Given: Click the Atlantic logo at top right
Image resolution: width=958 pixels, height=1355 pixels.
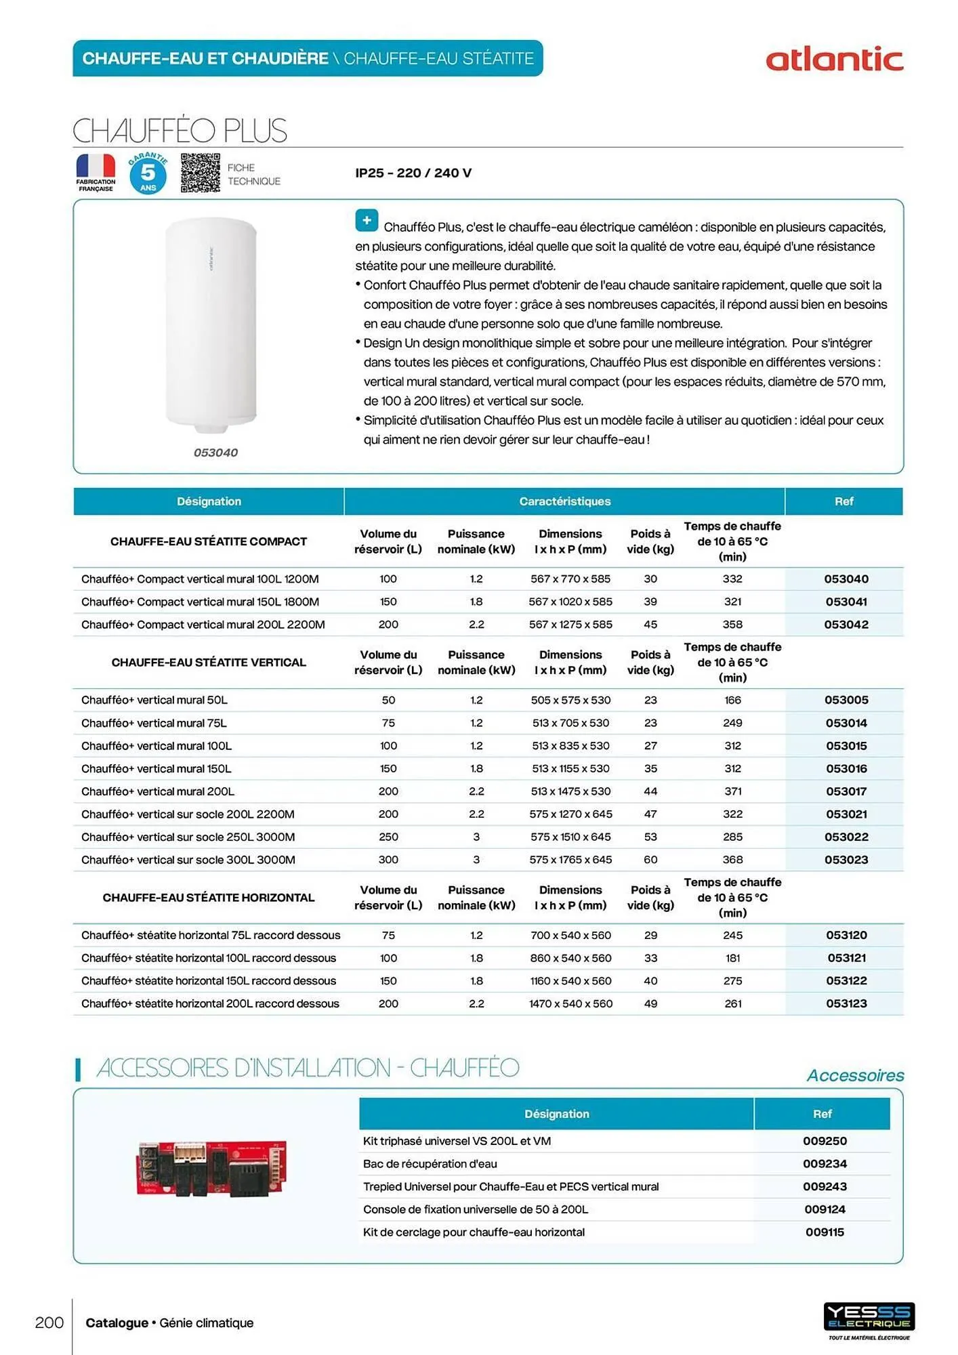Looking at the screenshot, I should (x=834, y=60).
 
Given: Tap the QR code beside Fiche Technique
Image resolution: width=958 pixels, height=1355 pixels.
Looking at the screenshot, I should (x=200, y=173).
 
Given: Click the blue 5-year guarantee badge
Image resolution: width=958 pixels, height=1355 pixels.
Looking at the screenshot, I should (x=148, y=173).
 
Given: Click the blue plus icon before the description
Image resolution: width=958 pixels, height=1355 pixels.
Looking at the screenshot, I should (x=367, y=220).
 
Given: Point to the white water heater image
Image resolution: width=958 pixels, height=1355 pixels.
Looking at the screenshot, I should (x=211, y=324).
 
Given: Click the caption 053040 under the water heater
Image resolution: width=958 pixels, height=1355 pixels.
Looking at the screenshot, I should (x=215, y=453).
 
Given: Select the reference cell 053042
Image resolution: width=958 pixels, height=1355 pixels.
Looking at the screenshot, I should (x=846, y=625).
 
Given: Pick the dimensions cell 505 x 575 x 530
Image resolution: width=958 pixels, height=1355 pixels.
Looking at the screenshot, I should (x=570, y=700).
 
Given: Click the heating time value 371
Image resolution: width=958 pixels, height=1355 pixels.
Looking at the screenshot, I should (x=732, y=791).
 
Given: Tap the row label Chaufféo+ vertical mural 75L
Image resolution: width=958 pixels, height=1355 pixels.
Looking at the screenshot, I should (x=154, y=723).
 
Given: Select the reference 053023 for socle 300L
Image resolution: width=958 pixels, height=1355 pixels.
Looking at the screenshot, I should (x=846, y=860).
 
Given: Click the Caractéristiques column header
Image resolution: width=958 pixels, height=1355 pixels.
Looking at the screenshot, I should (x=564, y=501).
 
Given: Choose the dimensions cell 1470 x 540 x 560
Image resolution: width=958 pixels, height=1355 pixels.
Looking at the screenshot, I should (x=570, y=1003).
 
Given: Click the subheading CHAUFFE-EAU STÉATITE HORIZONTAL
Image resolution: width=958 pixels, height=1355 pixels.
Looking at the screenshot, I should (x=208, y=898).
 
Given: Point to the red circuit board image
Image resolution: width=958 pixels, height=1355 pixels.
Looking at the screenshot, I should (x=211, y=1168).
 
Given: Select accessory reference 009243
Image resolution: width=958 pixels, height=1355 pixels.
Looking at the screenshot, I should (x=825, y=1186).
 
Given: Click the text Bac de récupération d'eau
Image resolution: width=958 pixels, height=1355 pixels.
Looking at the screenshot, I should (x=430, y=1163).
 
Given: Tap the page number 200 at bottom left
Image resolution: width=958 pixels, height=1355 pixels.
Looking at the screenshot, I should (x=49, y=1322).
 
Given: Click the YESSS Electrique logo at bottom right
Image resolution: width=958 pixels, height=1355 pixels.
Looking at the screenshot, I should (x=869, y=1317).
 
